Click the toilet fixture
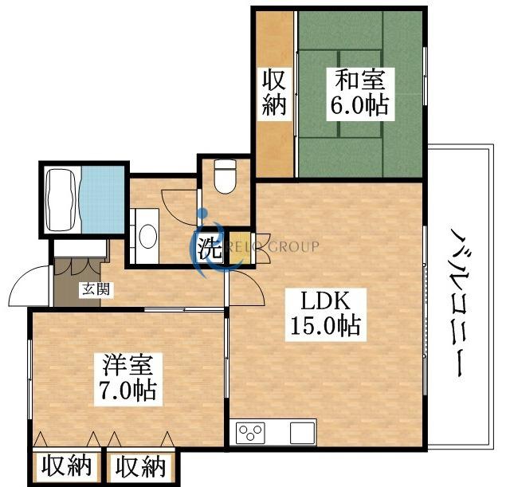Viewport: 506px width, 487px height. pyautogui.click(x=225, y=176)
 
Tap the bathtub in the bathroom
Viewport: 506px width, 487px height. pyautogui.click(x=62, y=200)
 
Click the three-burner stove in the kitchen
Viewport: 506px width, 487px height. pyautogui.click(x=250, y=433)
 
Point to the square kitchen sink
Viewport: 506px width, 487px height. pyautogui.click(x=302, y=433)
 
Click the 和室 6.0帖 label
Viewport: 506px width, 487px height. pyautogui.click(x=360, y=94)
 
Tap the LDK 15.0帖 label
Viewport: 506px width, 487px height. pyautogui.click(x=326, y=314)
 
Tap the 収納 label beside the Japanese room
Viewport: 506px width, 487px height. pyautogui.click(x=274, y=94)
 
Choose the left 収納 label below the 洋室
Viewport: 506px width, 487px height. pyautogui.click(x=66, y=466)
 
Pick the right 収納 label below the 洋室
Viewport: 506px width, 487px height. pyautogui.click(x=141, y=466)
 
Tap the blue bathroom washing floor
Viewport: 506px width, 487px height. pyautogui.click(x=103, y=199)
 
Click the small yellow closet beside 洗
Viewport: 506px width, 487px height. pyautogui.click(x=241, y=248)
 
